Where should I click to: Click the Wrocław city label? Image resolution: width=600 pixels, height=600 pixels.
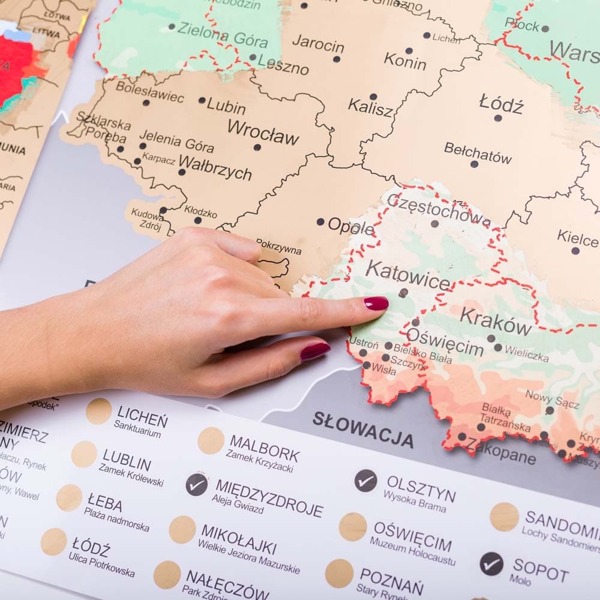263,133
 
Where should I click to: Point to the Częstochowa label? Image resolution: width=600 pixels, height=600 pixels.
438,209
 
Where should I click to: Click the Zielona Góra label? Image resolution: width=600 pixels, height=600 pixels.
223,35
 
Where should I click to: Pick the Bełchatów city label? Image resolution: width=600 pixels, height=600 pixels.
478,153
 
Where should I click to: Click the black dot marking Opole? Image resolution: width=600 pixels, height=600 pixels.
320,222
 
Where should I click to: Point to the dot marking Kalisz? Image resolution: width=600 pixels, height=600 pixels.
373,97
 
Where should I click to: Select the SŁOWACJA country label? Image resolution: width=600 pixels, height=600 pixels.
363,430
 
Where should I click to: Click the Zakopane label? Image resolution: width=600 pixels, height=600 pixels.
501,450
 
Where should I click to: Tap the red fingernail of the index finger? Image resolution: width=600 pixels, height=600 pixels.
376,304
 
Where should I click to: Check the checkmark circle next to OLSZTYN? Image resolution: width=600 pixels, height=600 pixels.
365,481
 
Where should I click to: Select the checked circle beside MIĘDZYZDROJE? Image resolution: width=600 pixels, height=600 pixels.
197,484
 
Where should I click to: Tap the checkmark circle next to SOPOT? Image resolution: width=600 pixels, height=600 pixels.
491,563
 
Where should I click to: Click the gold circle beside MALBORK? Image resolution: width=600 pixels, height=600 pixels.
211,440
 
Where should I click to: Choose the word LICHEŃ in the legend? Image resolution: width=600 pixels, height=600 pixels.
142,416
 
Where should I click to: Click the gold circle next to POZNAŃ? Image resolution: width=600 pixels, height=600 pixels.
340,574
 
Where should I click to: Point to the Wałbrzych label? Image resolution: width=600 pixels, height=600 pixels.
215,169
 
